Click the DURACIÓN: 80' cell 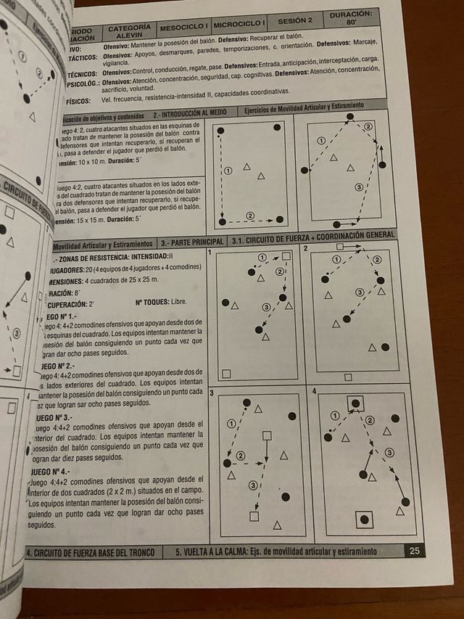(352, 18)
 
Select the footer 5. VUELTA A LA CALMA (276, 552)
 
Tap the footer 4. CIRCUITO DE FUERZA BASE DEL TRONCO (91, 552)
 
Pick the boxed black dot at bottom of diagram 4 (364, 519)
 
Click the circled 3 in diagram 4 (389, 453)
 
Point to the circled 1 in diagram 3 (231, 423)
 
